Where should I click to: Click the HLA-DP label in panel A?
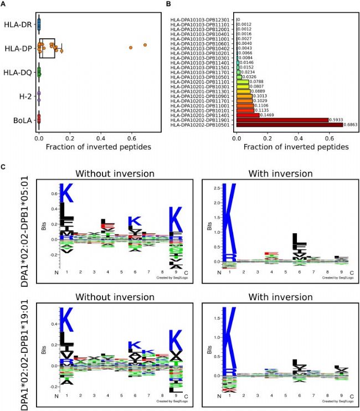18,48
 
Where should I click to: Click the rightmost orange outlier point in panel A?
145,45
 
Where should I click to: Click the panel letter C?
5,166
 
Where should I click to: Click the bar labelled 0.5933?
282,119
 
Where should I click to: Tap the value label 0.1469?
269,114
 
